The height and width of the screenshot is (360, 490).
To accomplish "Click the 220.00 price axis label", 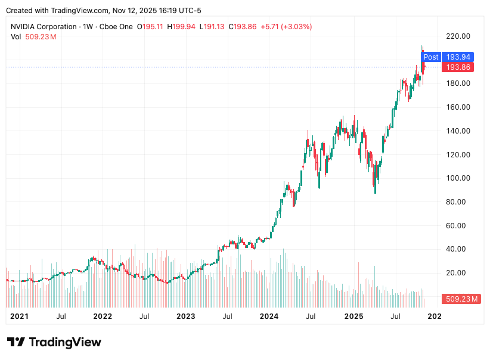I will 458,36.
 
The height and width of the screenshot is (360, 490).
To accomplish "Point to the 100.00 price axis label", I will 458,178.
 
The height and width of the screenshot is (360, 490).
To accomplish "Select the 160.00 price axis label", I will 458,107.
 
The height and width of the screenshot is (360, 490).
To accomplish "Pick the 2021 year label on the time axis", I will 20,316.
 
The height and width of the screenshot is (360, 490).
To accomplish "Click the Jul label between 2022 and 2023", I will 144,316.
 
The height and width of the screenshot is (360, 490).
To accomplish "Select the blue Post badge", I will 431,57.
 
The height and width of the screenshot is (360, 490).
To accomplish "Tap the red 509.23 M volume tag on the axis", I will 460,299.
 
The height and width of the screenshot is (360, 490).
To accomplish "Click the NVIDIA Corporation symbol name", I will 44,27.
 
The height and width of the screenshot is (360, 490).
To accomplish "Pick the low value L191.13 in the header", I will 212,27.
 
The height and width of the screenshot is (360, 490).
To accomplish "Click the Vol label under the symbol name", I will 16,37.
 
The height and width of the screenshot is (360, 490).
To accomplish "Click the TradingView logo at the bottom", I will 54,342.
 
